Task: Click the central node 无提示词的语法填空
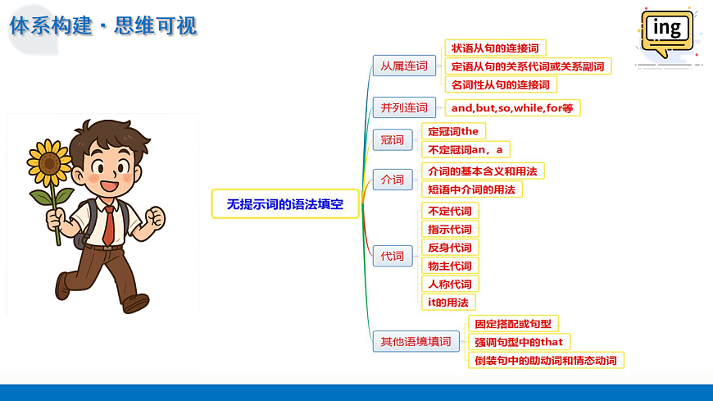tap(285, 203)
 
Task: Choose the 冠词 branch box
tap(393, 140)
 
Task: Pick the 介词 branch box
tap(393, 180)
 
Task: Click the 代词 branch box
tap(393, 256)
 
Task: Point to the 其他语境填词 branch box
tap(416, 341)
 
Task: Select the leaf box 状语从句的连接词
tap(495, 48)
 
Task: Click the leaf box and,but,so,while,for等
tap(511, 107)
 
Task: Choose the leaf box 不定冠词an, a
tap(465, 149)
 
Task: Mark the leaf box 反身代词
tap(450, 248)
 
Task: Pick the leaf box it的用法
tap(447, 302)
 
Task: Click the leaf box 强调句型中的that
tap(518, 342)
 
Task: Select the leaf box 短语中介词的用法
tap(471, 189)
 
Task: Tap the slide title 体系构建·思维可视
tap(103, 25)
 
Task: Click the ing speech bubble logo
tap(666, 33)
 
